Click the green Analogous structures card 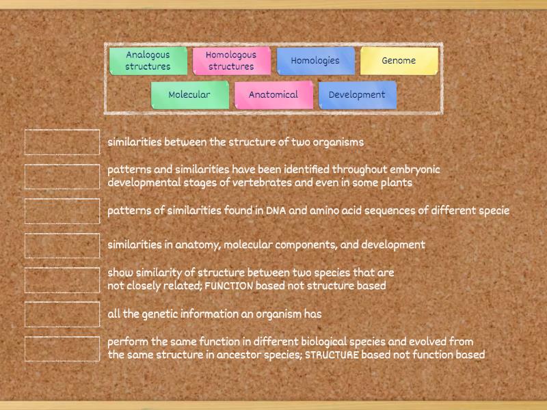(x=148, y=60)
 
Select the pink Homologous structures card (x=231, y=60)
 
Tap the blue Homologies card (x=315, y=60)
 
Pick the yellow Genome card (x=399, y=60)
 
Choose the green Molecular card (x=189, y=95)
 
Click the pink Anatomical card (x=273, y=95)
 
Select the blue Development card (x=357, y=95)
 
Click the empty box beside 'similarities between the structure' (x=62, y=142)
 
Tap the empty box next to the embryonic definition (x=62, y=176)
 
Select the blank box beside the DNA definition (x=62, y=210)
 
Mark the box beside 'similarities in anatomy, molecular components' (x=62, y=245)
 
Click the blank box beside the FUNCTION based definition (x=62, y=279)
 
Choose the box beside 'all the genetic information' (x=62, y=314)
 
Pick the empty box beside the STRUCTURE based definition (x=62, y=348)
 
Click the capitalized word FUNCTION (x=229, y=286)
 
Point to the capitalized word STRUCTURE (x=332, y=355)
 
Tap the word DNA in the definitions (x=276, y=211)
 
